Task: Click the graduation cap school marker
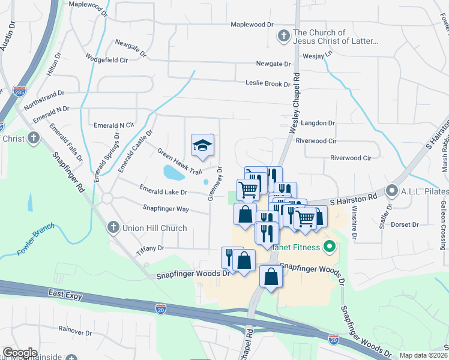click(203, 145)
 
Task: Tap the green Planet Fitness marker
click(329, 247)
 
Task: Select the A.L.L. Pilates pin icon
click(393, 191)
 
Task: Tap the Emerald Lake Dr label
click(163, 193)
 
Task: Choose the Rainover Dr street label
click(74, 330)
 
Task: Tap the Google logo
click(20, 353)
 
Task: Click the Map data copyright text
click(423, 355)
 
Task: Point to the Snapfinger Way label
click(166, 209)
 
